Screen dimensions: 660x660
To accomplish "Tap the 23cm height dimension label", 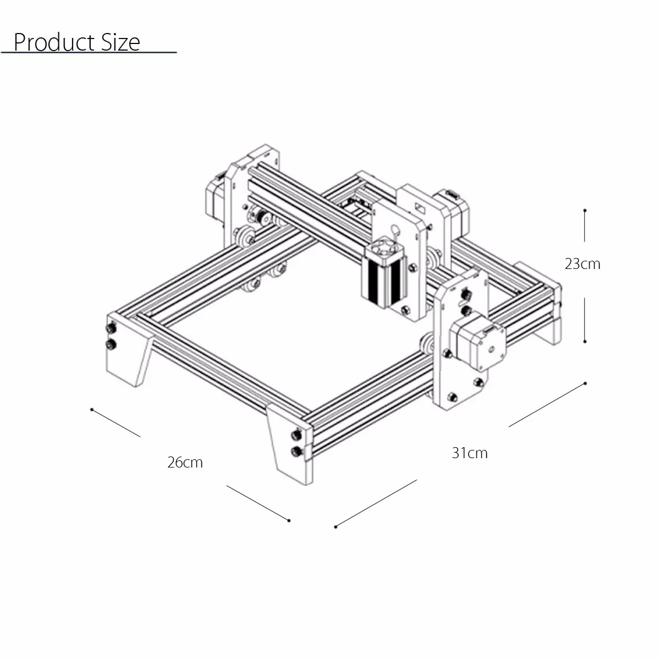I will coord(582,264).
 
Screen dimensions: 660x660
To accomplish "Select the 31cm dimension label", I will coord(469,453).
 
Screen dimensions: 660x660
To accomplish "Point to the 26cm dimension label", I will coord(185,463).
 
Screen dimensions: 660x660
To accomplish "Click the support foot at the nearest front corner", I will coord(289,451).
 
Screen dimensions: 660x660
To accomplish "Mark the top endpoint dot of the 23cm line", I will coord(585,210).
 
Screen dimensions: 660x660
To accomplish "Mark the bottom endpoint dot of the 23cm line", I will coord(585,341).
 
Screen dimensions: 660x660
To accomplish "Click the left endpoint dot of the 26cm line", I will coord(91,410).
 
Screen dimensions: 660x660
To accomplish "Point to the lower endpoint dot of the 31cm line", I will coord(335,527).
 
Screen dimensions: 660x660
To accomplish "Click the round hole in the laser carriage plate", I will coord(394,229).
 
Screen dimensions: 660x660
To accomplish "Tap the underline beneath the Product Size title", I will coord(88,53).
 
